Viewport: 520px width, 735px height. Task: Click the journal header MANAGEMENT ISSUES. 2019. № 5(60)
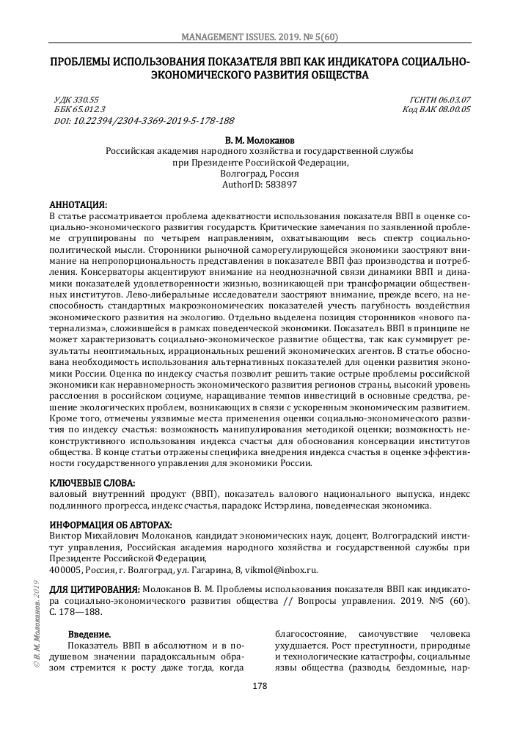[x=260, y=37]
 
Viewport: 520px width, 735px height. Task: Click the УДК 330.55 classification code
[x=77, y=99]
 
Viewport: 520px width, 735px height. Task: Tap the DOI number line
[x=144, y=120]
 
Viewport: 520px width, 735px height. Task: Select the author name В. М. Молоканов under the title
[x=260, y=139]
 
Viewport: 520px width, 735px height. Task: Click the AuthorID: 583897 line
[x=260, y=185]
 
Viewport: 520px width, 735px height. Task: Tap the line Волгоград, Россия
[x=260, y=174]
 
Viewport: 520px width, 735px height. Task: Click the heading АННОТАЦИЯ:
[x=78, y=204]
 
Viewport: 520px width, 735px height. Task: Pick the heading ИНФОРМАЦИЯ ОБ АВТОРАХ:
[x=111, y=525]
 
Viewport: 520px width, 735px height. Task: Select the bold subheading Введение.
[x=89, y=633]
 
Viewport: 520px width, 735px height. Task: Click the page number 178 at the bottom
[x=260, y=686]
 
